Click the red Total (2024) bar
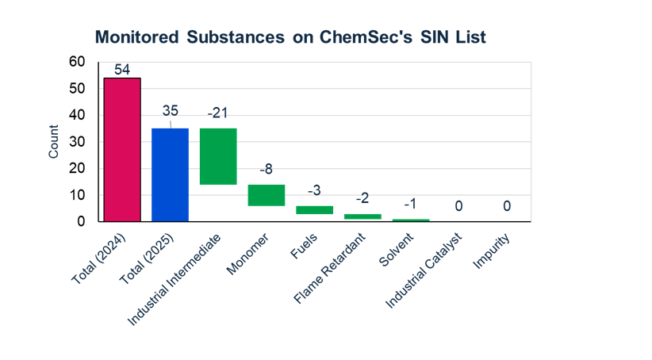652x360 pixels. tap(122, 150)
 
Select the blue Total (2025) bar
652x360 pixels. tap(170, 174)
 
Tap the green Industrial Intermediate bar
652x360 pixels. tap(218, 156)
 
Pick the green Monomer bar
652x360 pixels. tap(266, 195)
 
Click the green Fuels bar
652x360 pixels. tap(314, 210)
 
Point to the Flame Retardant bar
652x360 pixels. tap(362, 216)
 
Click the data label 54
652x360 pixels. tap(122, 70)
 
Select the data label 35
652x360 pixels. tap(171, 110)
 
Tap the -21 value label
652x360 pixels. tap(218, 113)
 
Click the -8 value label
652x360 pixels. tap(267, 169)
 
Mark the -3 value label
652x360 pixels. tap(314, 190)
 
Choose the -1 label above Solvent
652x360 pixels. tap(411, 204)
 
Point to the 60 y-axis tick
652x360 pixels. tap(76, 62)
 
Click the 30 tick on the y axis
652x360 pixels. tap(76, 142)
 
